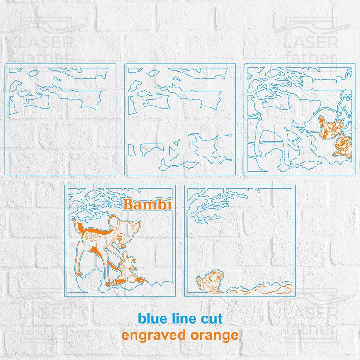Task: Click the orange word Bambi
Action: [148, 205]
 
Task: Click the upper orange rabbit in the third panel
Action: [327, 126]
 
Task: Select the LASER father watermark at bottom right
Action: [310, 317]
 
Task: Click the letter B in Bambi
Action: [129, 205]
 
